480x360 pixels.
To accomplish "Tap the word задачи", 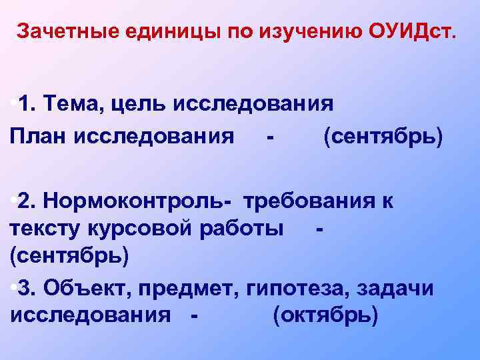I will tap(396, 289).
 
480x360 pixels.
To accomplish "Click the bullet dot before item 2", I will tap(14, 200).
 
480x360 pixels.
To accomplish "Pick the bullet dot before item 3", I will tap(14, 287).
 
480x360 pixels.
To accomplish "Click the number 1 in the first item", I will tap(26, 105).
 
